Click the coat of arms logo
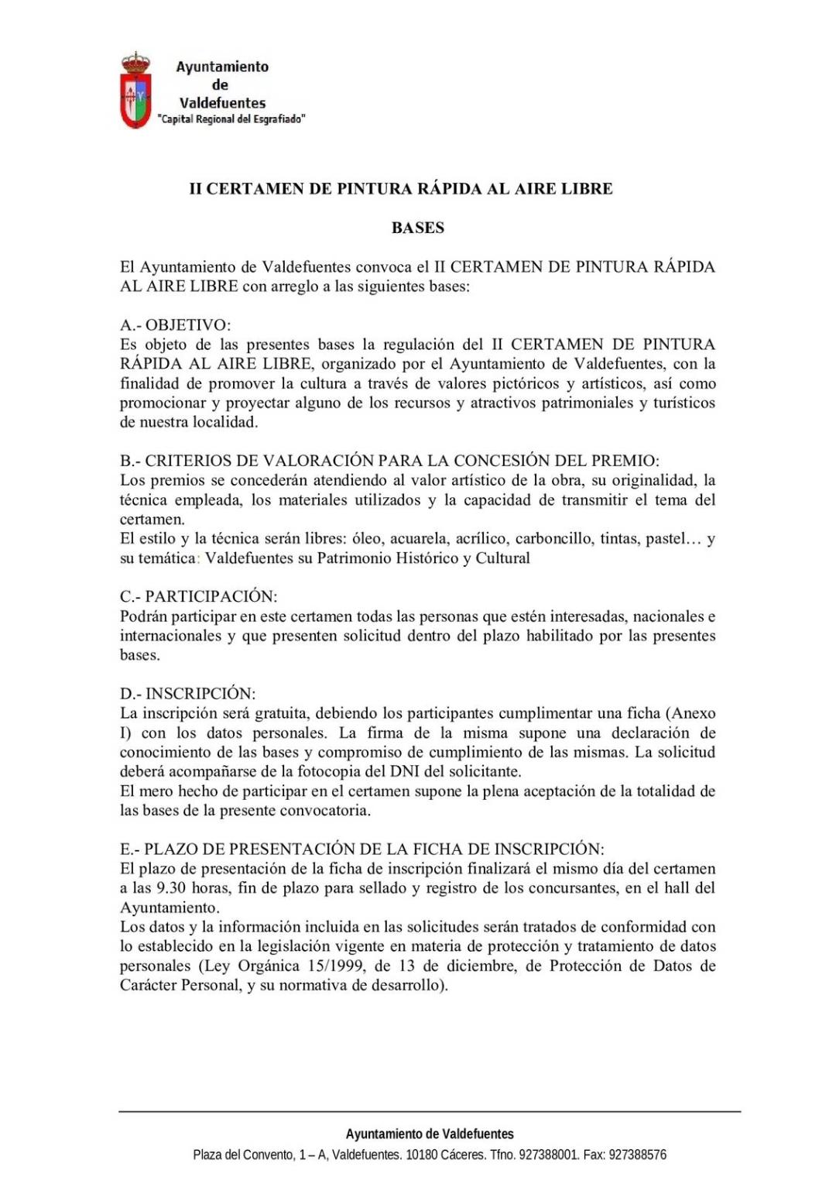coord(135,91)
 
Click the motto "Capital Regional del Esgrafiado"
coord(231,119)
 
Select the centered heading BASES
coord(418,228)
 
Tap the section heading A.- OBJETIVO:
coord(175,325)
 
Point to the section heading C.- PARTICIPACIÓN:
coord(198,596)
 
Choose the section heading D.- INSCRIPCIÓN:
coord(187,694)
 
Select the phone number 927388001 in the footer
coord(548,1155)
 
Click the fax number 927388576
coord(638,1155)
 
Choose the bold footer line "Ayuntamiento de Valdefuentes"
coord(430,1134)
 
